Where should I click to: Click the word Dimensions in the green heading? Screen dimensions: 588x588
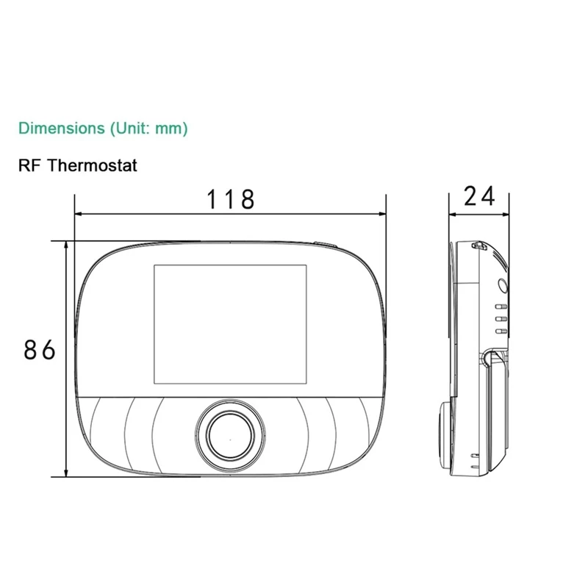pos(62,128)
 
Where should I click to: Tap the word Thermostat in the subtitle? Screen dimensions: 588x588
pos(93,165)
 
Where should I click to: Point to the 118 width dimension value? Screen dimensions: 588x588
pos(230,198)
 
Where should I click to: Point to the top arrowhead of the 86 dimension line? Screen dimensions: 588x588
pos(68,245)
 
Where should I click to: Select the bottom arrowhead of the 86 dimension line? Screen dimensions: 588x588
pos(68,473)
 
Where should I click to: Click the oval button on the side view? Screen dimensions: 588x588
pos(503,286)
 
